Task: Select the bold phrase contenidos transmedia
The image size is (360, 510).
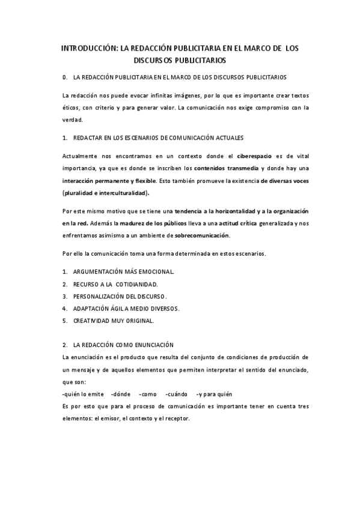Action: (226, 168)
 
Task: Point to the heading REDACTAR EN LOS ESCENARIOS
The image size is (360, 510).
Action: (157, 138)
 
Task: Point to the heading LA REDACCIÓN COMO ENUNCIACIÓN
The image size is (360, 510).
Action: (123, 345)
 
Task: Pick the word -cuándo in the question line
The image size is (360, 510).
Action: (173, 395)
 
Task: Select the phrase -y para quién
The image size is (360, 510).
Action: (214, 395)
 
